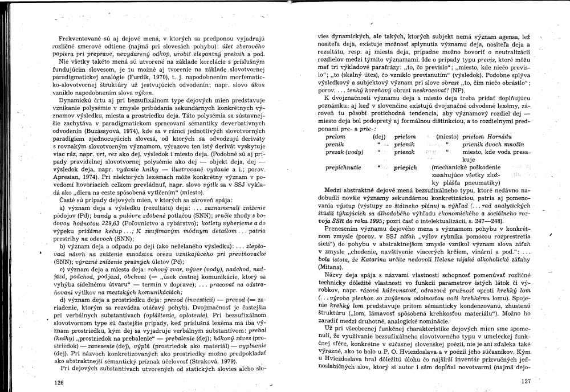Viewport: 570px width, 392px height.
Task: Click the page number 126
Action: pos(59,382)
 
